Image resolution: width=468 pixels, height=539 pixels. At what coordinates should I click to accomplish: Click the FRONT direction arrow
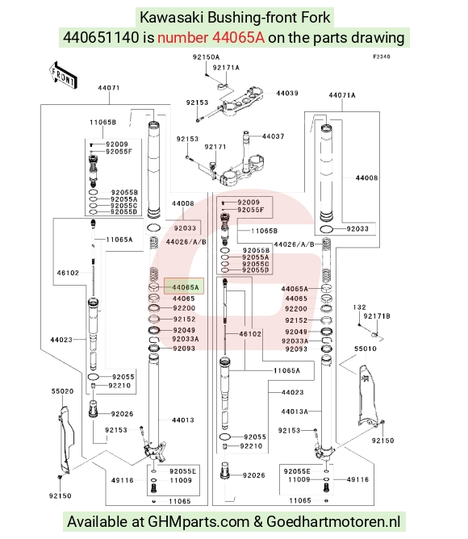[x=63, y=75]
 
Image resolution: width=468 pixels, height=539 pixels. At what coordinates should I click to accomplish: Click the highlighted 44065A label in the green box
[x=186, y=287]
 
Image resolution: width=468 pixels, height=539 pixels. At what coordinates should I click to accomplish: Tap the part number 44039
[x=287, y=93]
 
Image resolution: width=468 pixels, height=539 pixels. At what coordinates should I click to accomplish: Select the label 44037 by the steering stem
[x=273, y=136]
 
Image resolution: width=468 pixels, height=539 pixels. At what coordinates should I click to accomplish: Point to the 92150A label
[x=206, y=57]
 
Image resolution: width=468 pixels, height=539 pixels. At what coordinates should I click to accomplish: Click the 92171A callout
[x=226, y=68]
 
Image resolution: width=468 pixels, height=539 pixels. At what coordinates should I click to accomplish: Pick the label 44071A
[x=342, y=95]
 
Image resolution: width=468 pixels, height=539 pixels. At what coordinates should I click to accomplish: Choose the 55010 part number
[x=366, y=349]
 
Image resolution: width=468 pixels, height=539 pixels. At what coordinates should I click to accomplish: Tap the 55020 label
[x=62, y=391]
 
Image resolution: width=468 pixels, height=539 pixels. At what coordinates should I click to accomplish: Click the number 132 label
[x=359, y=307]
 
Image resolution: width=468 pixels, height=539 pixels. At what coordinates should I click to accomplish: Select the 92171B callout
[x=377, y=316]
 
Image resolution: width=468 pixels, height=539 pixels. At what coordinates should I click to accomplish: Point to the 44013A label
[x=295, y=412]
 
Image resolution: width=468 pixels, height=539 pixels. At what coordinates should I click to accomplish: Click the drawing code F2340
[x=382, y=56]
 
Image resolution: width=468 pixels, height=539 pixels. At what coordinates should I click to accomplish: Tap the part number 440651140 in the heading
[x=101, y=37]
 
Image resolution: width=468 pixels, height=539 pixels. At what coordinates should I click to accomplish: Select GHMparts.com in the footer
[x=198, y=521]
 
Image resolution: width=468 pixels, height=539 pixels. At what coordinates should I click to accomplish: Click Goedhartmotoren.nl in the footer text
[x=333, y=521]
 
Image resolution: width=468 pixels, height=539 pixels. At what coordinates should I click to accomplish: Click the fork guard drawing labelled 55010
[x=368, y=395]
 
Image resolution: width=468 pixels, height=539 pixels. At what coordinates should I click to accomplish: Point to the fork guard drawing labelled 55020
[x=66, y=439]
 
